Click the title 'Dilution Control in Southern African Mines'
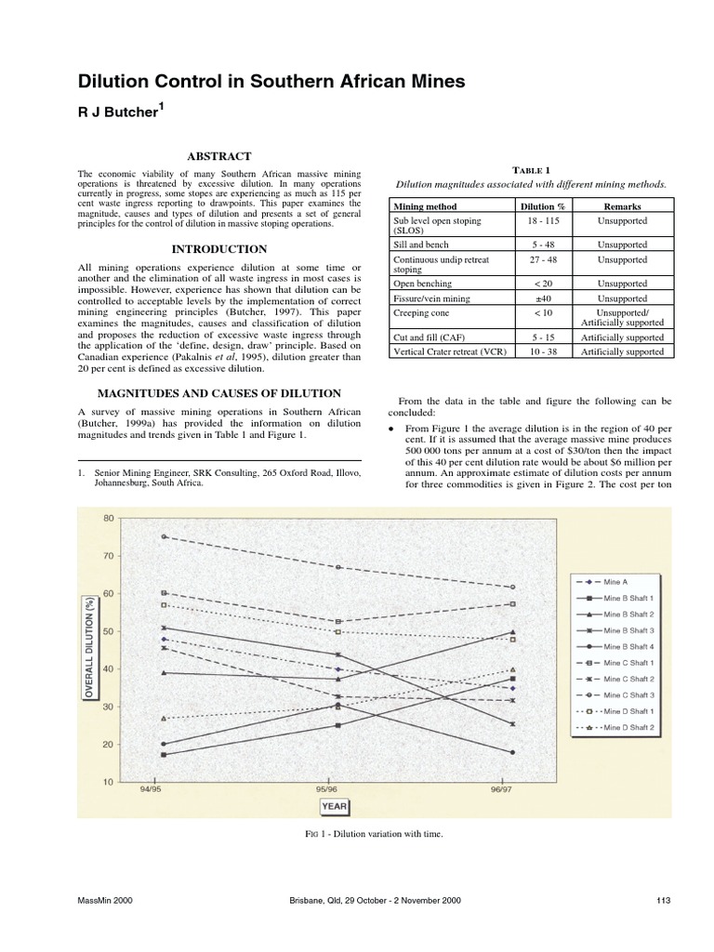point(271,82)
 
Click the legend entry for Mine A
point(616,581)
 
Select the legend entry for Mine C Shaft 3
point(629,694)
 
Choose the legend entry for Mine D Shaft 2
point(629,727)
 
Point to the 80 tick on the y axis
point(109,518)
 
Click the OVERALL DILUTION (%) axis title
point(90,647)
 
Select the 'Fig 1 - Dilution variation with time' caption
point(367,834)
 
